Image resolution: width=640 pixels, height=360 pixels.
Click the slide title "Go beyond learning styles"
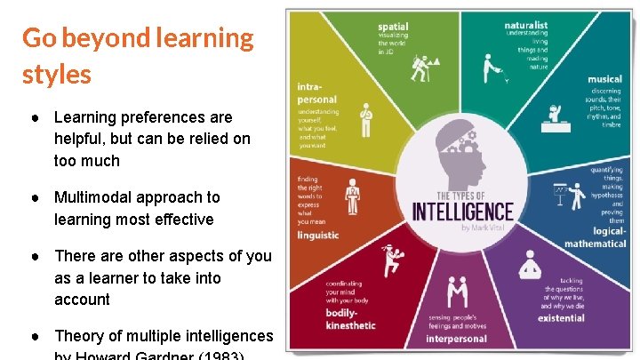click(138, 55)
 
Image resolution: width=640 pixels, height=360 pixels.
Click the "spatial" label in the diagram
click(392, 27)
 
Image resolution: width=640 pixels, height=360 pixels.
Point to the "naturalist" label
click(525, 25)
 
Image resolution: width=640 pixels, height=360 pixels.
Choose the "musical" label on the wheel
click(604, 79)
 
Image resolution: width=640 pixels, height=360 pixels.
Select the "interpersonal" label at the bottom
click(456, 339)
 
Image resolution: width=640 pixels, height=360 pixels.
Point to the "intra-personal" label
click(316, 93)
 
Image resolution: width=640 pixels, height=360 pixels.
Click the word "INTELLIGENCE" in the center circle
click(462, 212)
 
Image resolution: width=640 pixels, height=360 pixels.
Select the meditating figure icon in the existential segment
click(531, 264)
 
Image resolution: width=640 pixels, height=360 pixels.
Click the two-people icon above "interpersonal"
click(457, 292)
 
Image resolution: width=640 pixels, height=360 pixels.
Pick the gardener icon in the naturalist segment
click(490, 67)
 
